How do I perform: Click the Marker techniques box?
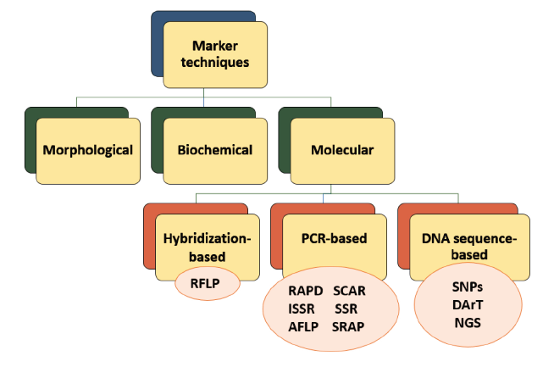215,55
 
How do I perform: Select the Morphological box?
88,151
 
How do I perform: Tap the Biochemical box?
215,151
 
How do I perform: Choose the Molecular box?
342,151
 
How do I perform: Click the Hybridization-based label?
207,247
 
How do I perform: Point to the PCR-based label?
334,238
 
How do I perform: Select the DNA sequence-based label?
469,247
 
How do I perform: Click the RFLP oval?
208,284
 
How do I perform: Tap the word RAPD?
305,291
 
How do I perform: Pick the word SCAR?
349,291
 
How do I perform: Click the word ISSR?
301,309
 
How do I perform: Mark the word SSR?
346,309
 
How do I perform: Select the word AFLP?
303,326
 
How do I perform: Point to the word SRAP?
348,326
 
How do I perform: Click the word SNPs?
468,286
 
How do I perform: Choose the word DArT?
468,305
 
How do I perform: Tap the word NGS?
468,323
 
